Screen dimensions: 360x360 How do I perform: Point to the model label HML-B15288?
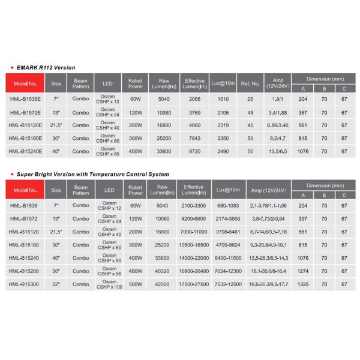coord(25,271)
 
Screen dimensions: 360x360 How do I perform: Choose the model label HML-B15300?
coord(25,284)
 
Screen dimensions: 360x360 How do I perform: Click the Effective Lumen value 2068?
coord(194,98)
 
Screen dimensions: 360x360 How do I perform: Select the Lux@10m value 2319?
coord(223,125)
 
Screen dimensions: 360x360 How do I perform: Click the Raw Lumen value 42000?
coord(162,284)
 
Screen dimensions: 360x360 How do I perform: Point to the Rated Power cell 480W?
coord(135,271)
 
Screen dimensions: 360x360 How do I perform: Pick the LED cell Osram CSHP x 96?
coord(108,271)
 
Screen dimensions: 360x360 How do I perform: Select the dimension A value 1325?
coord(302,284)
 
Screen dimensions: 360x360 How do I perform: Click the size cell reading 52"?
coord(56,284)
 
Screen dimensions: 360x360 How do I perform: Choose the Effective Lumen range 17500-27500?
coord(194,284)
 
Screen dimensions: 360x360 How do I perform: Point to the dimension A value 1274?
coord(302,271)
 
